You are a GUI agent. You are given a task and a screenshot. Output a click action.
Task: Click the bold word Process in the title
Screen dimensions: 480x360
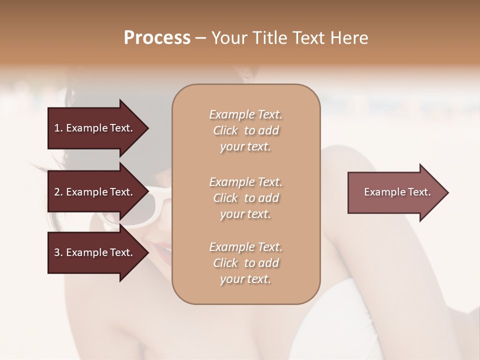[157, 38]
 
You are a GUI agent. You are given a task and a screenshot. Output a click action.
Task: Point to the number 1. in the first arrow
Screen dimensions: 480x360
[58, 128]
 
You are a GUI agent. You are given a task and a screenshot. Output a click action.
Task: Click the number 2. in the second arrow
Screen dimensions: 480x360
[58, 192]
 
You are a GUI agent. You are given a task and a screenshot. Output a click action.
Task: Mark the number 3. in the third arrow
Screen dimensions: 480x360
[58, 252]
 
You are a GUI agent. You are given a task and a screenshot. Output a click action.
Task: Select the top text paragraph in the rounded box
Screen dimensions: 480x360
[245, 130]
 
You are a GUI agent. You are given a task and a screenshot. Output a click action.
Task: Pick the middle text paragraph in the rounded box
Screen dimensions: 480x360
[245, 198]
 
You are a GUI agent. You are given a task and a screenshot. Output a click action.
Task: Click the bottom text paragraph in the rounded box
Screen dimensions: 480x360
[245, 263]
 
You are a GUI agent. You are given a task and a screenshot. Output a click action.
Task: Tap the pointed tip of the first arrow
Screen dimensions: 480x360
[147, 128]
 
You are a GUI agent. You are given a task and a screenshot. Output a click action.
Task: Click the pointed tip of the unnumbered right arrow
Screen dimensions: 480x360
[447, 192]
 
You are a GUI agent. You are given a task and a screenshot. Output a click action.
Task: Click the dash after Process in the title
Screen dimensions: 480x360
[200, 38]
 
